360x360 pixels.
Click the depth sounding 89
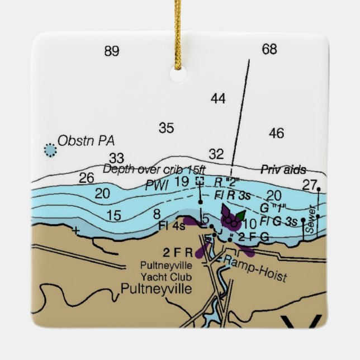point(112,51)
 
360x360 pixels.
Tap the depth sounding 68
point(269,49)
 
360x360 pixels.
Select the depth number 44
point(218,99)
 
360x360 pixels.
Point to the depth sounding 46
point(276,133)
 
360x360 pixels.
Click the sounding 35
point(166,128)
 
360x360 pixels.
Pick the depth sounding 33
point(116,158)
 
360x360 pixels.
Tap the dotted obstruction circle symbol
point(50,149)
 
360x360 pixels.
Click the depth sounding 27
point(309,184)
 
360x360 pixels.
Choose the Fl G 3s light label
point(278,221)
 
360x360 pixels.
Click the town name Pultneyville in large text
point(156,289)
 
